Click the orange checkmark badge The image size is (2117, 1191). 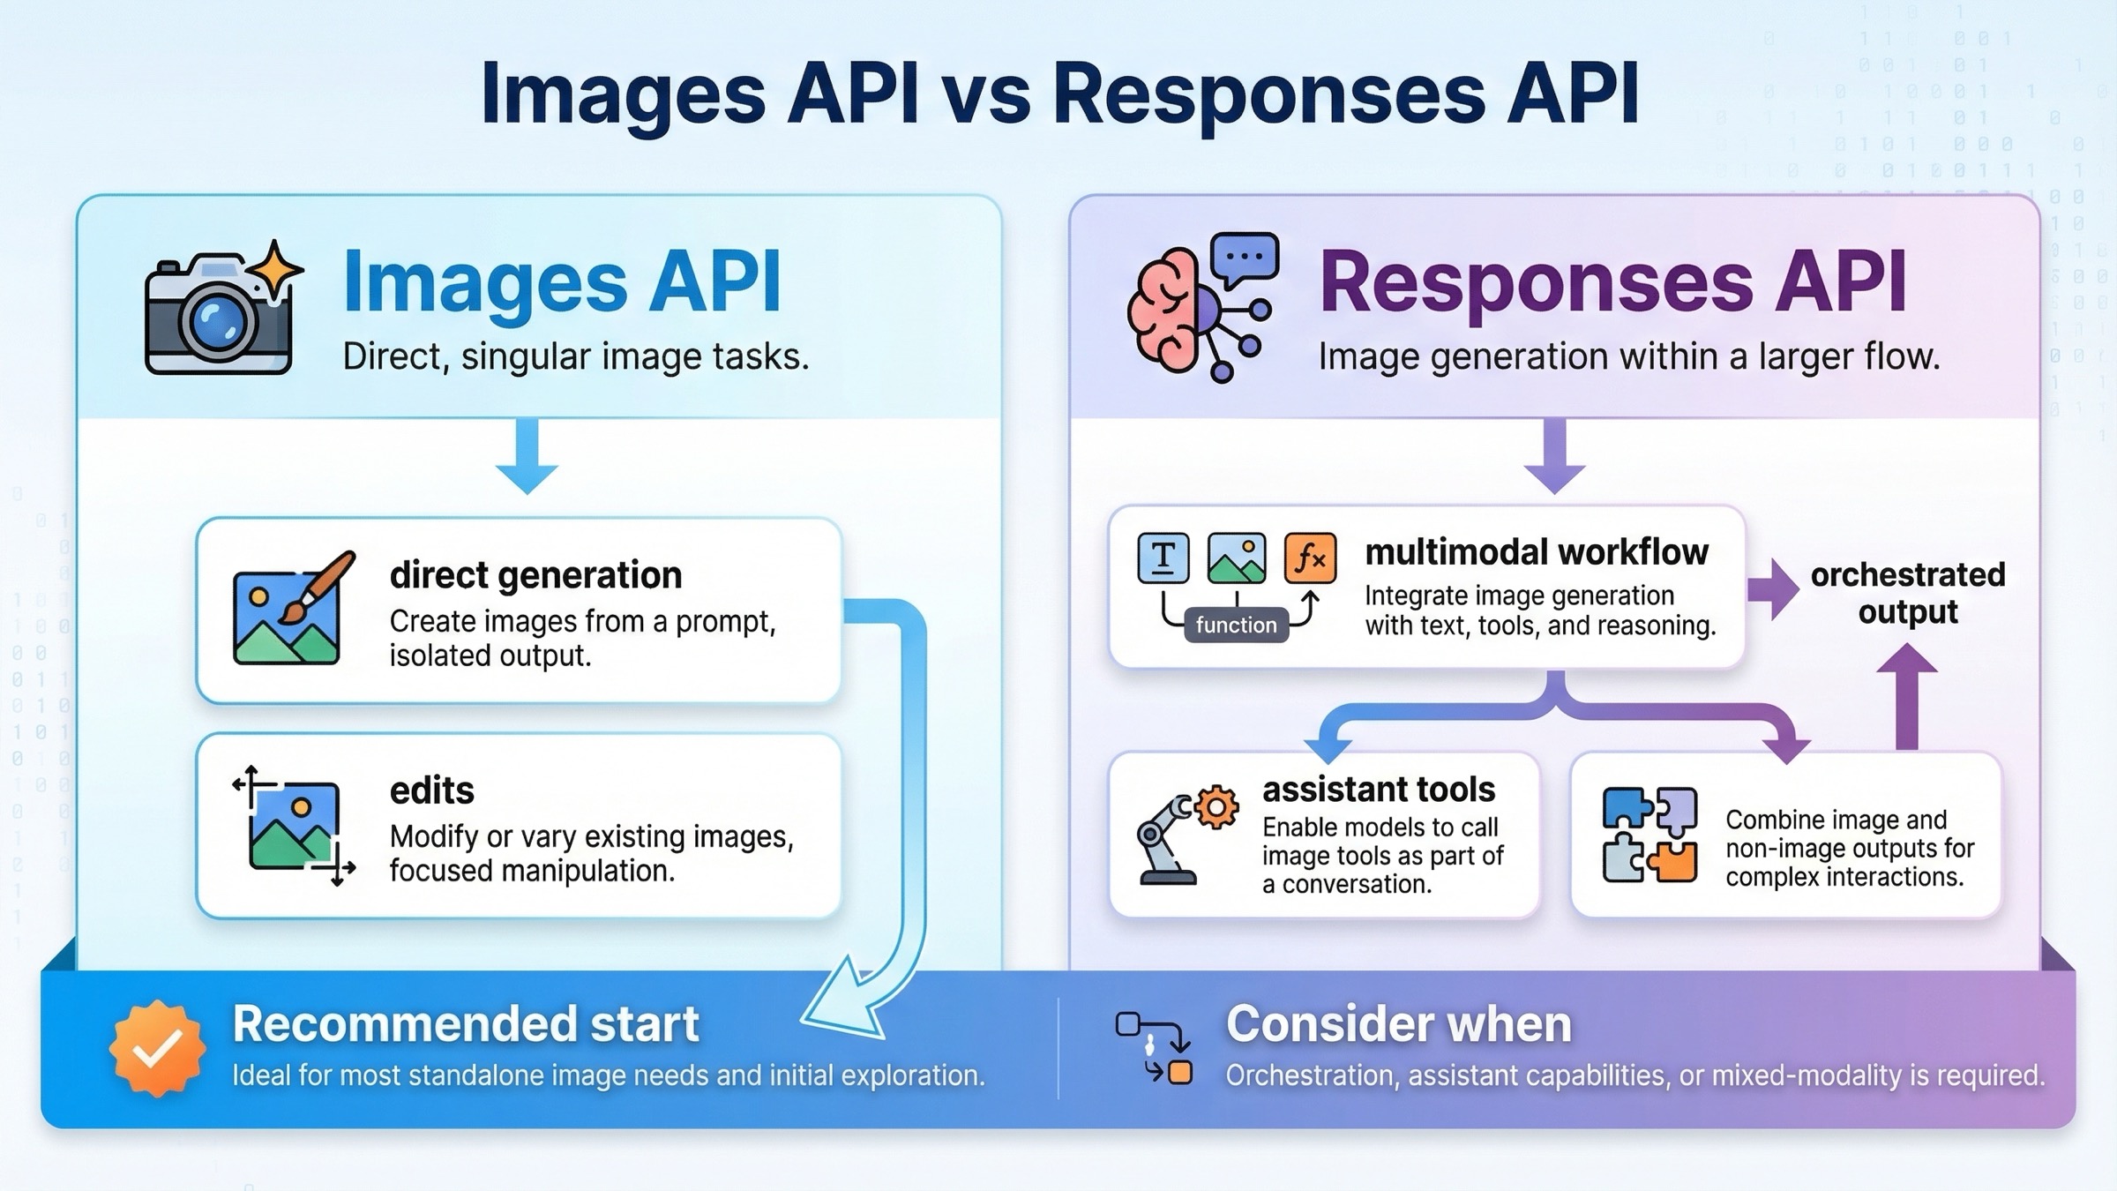(158, 1048)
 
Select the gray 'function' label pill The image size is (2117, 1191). (1236, 625)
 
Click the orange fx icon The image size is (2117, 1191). (1310, 558)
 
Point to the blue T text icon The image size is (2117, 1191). (1163, 558)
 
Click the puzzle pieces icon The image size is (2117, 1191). (1649, 835)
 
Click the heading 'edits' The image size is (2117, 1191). (432, 790)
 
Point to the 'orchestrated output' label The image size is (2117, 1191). (1907, 593)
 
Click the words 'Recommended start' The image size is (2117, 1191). (466, 1024)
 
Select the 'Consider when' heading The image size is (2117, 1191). (1399, 1024)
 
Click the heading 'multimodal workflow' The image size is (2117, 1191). (1537, 552)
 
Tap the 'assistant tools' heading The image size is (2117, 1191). (1379, 789)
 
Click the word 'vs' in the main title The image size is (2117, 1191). (986, 94)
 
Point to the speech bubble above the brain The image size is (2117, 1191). (1245, 258)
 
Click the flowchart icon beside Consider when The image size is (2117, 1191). (1155, 1048)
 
